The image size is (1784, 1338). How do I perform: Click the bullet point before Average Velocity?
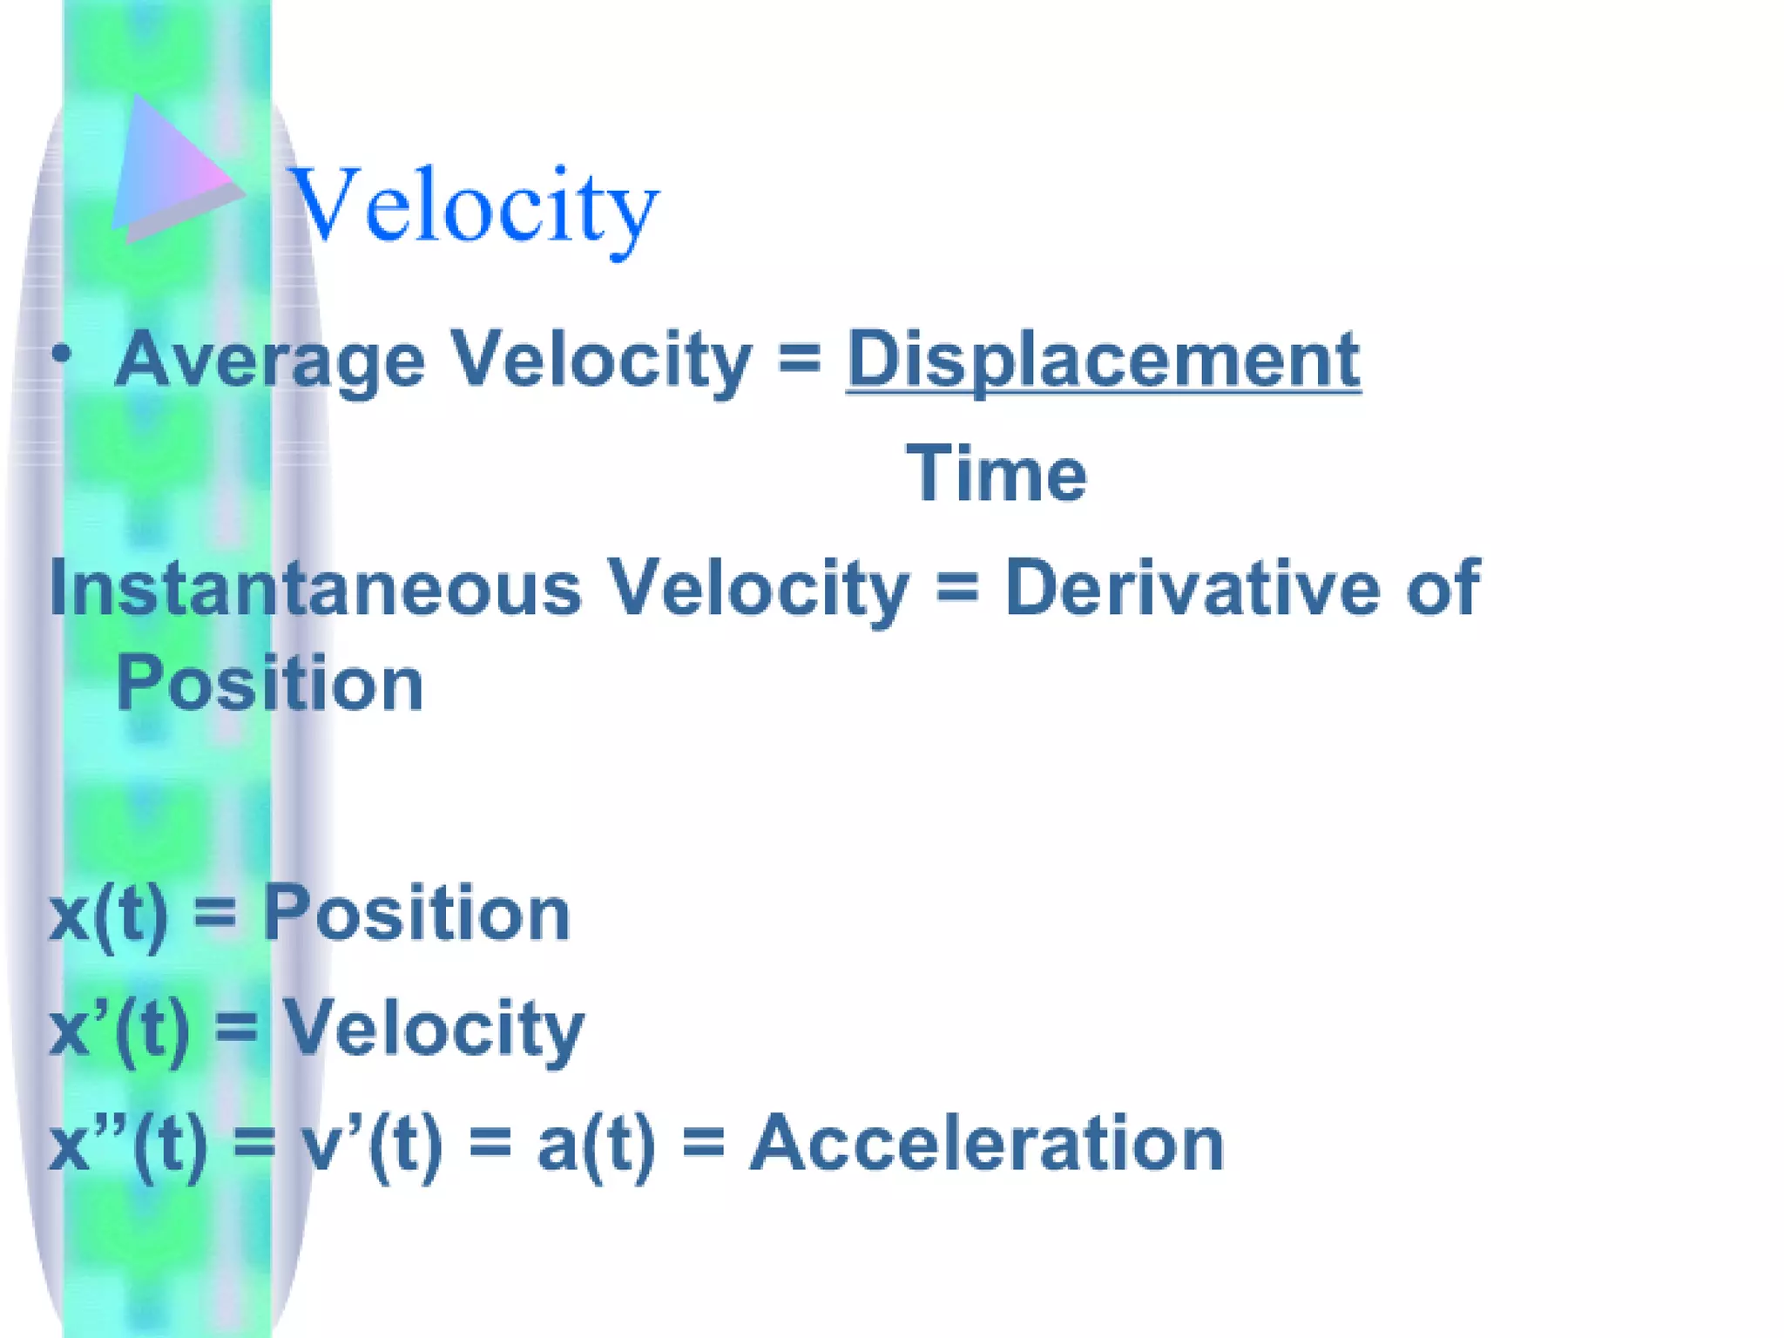(x=61, y=354)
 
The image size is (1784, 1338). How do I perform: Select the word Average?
(x=270, y=360)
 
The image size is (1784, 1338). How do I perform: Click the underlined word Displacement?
(x=1103, y=360)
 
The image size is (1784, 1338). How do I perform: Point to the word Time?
(x=997, y=474)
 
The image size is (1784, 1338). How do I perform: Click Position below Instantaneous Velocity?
(x=270, y=684)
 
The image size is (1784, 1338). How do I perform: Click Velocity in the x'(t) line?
(x=433, y=1030)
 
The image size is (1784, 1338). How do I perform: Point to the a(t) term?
(x=596, y=1145)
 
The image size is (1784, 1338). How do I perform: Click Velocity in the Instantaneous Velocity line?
(x=758, y=588)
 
